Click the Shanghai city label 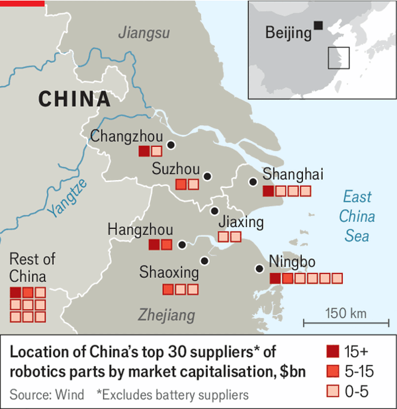pyautogui.click(x=292, y=175)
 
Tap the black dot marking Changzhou pyautogui.click(x=171, y=144)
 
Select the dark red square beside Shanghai pyautogui.click(x=268, y=191)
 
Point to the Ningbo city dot pyautogui.click(x=259, y=269)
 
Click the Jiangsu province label pyautogui.click(x=144, y=32)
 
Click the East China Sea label pyautogui.click(x=357, y=216)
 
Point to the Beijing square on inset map pyautogui.click(x=319, y=25)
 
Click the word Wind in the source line pyautogui.click(x=71, y=395)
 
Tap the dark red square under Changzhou pyautogui.click(x=144, y=152)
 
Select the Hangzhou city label pyautogui.click(x=140, y=229)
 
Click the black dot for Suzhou pyautogui.click(x=207, y=176)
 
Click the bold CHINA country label pyautogui.click(x=74, y=99)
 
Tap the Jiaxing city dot pyautogui.click(x=214, y=211)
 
